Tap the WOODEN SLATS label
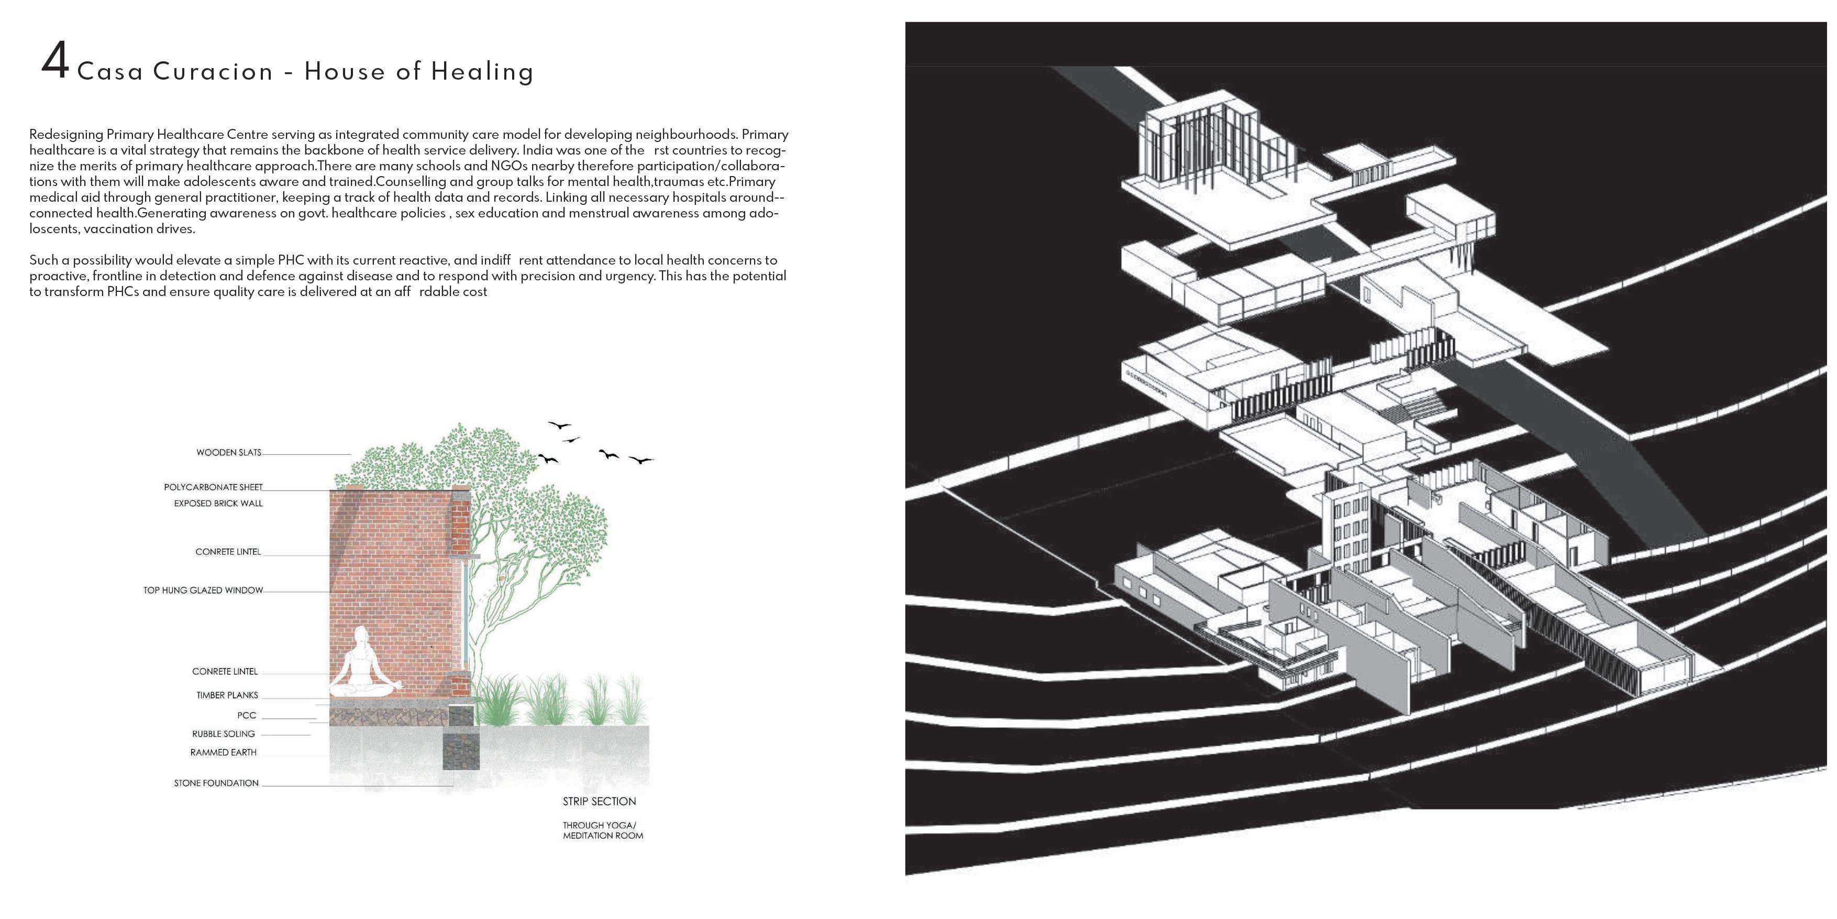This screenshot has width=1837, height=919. [x=229, y=452]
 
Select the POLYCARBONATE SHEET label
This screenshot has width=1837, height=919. [x=213, y=487]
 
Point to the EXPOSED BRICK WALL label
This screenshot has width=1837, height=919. [x=218, y=504]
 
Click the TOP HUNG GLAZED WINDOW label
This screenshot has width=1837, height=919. [x=203, y=590]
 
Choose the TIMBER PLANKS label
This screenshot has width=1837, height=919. [x=227, y=695]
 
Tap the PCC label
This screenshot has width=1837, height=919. [x=247, y=716]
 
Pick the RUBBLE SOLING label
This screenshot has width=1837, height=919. [x=223, y=734]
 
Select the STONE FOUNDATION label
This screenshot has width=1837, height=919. [x=216, y=783]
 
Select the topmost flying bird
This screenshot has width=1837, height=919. [x=559, y=425]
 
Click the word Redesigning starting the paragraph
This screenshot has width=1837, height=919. [x=65, y=134]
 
